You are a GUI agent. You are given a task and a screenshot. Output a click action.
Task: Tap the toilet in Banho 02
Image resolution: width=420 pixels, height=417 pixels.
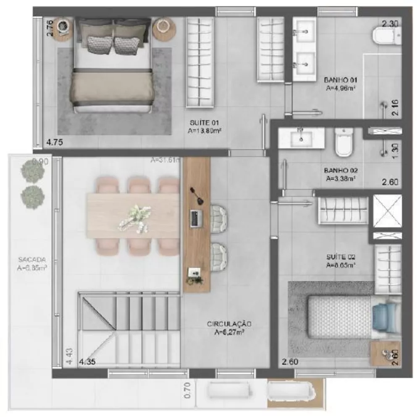pos(344,141)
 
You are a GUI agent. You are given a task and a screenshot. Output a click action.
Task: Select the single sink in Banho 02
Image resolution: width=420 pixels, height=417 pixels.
pos(301,138)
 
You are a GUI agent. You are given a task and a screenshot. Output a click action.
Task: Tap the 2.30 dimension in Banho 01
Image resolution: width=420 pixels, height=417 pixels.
pos(389,24)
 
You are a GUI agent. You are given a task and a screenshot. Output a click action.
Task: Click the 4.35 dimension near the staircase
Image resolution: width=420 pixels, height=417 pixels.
pos(87,362)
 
